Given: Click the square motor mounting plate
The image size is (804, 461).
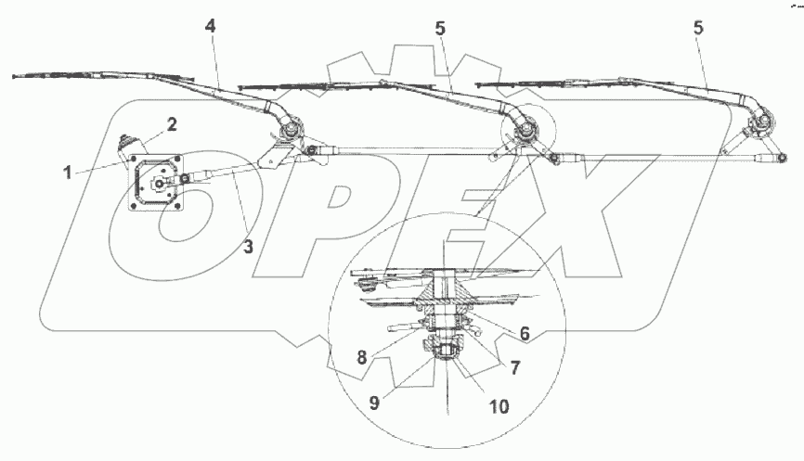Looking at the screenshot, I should (159, 184).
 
